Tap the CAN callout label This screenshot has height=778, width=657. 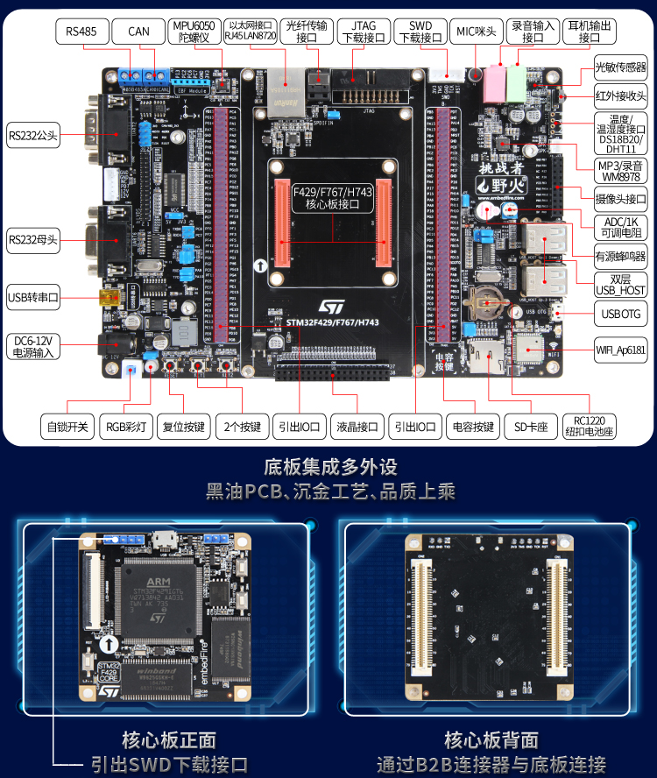tap(138, 32)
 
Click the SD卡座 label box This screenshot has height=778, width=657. tap(531, 427)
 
